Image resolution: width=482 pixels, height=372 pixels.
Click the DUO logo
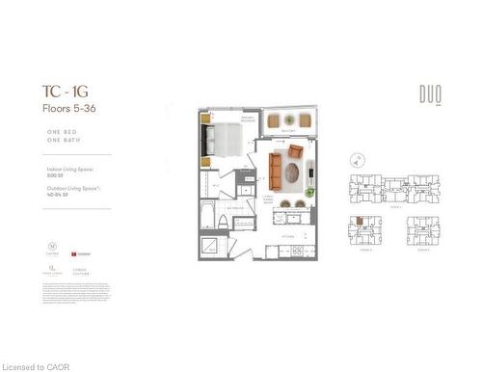[430, 94]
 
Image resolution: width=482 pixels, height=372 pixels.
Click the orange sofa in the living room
[276, 172]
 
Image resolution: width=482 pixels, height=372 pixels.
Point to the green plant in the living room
[309, 191]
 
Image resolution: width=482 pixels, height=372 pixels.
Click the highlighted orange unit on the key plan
[359, 221]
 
